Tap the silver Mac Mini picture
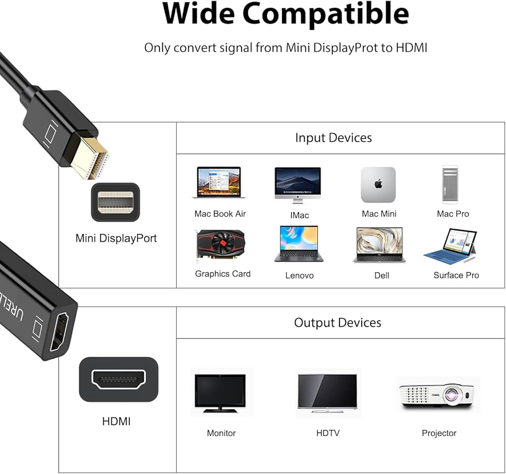pos(378,185)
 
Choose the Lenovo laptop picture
pos(299,244)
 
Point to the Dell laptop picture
pos(379,245)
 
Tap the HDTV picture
pos(328,392)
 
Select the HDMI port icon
pos(118,379)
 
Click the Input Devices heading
pos(333,138)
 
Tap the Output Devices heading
pos(338,323)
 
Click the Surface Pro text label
pos(456,275)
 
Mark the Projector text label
pos(439,433)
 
